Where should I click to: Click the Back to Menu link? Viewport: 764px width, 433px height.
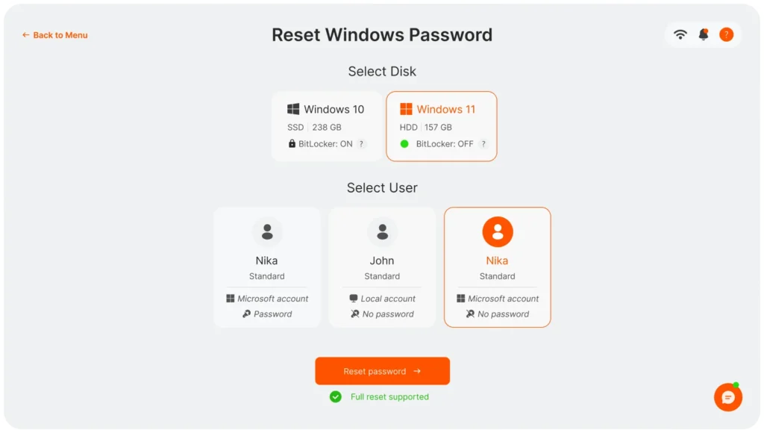(55, 35)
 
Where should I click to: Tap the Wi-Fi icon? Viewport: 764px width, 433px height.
(680, 34)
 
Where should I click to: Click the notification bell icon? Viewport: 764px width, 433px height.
(703, 34)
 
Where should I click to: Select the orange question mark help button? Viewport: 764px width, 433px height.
(726, 34)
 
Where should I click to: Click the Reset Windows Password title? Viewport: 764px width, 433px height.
(382, 35)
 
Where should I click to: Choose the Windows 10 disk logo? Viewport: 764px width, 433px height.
(293, 109)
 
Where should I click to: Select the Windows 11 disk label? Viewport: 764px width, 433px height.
(445, 109)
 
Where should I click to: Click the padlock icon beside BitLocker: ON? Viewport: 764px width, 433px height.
(292, 144)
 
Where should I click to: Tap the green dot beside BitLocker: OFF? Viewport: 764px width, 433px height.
(404, 144)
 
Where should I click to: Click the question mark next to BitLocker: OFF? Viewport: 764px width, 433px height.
(483, 144)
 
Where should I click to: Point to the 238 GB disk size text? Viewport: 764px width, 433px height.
(327, 128)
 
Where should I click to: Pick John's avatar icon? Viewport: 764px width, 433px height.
(382, 232)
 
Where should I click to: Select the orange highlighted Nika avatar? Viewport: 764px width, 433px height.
(498, 232)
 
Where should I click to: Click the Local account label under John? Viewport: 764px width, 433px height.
(388, 299)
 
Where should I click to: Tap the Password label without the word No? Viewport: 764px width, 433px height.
(272, 314)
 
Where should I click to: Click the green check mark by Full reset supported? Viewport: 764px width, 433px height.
(336, 396)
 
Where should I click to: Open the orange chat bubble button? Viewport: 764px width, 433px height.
(727, 397)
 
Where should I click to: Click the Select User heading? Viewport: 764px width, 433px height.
(382, 188)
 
